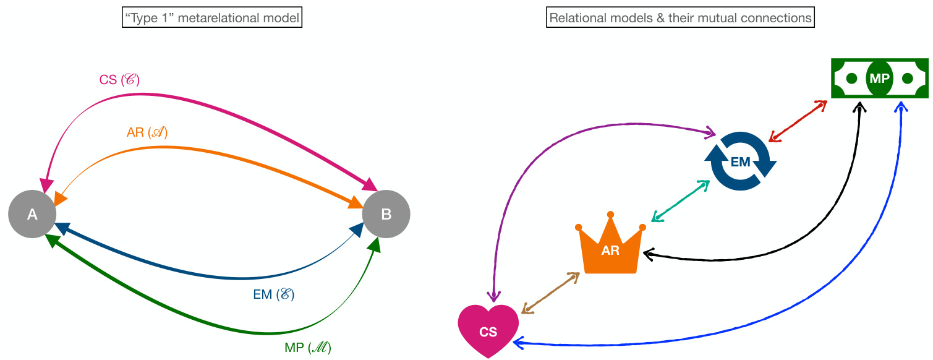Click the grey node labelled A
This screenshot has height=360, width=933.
tap(32, 214)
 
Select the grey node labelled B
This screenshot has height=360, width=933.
tap(386, 214)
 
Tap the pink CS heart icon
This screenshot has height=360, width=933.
tap(488, 330)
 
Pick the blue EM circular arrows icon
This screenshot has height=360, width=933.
tap(740, 162)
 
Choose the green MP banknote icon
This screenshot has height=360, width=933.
tap(879, 79)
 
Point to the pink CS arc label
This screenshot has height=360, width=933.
tap(119, 80)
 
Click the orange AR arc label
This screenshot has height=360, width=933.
tap(147, 132)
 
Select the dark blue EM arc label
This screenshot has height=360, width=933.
tap(273, 295)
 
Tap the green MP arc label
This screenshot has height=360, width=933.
tap(308, 348)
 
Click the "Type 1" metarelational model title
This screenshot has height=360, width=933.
tap(212, 19)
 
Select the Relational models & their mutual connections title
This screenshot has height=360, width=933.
tap(680, 19)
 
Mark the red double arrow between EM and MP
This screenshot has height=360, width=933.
tap(798, 121)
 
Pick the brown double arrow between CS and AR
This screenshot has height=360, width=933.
tap(551, 293)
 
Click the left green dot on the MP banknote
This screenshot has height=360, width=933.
tap(851, 79)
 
